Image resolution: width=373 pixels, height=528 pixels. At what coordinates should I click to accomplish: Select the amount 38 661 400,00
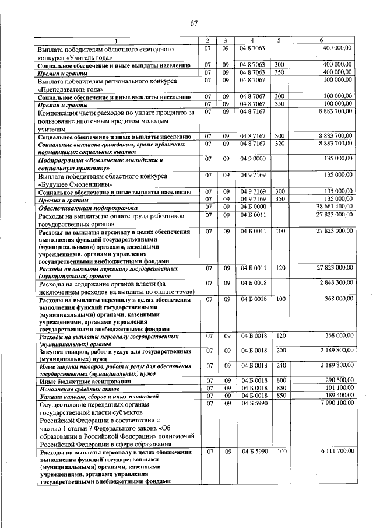pos(334,207)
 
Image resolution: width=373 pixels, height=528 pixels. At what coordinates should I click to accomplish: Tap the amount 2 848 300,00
pos(336,282)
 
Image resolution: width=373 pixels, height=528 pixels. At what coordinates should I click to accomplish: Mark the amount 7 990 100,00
pos(336,403)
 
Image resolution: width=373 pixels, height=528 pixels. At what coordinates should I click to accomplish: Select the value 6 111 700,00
pos(336,452)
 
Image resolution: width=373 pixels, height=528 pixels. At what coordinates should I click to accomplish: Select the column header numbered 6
pos(322,40)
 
